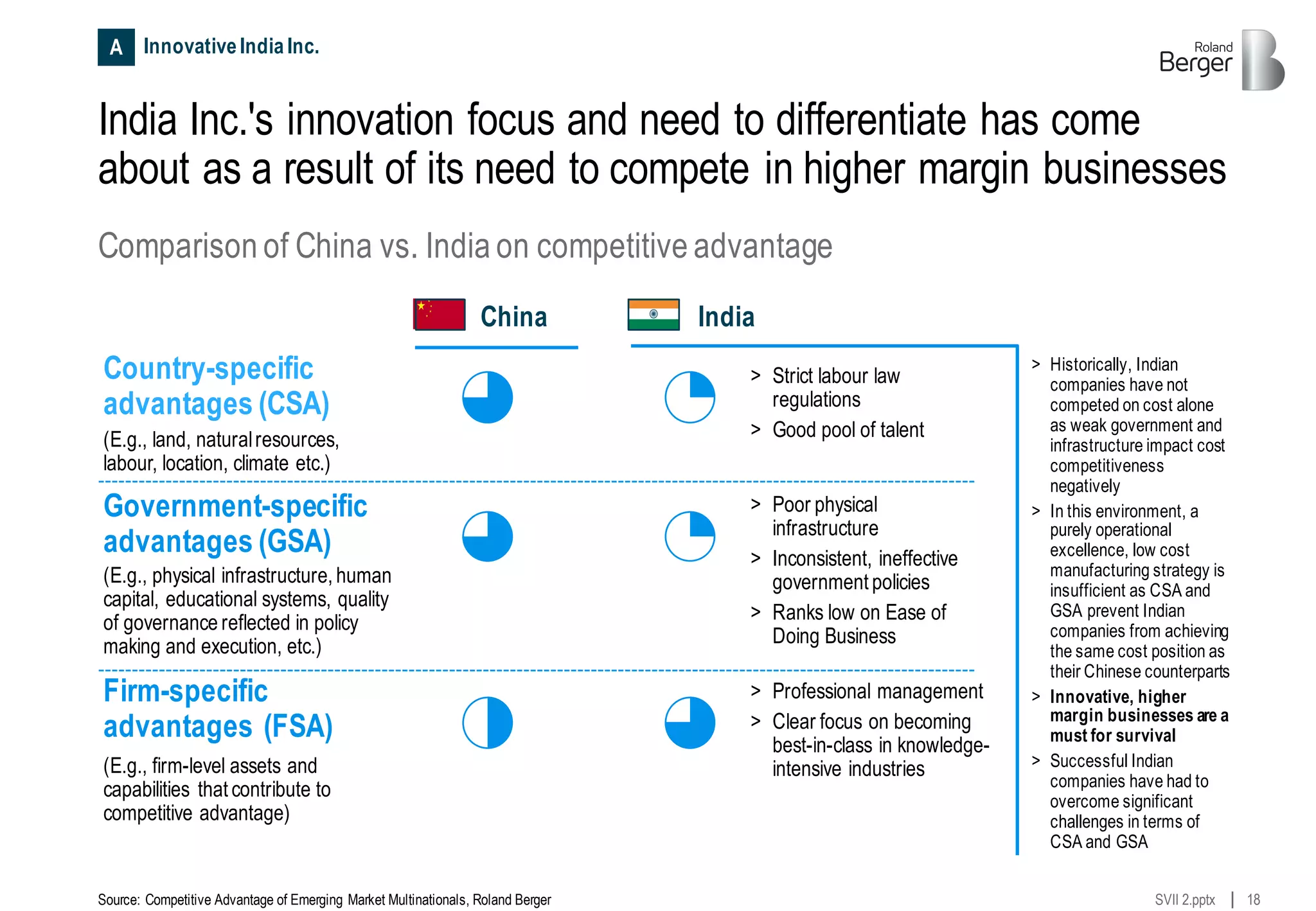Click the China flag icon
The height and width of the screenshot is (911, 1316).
point(440,315)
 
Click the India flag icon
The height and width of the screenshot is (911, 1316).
point(654,315)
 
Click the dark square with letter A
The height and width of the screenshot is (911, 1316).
point(116,47)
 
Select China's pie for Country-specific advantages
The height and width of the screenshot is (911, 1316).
point(488,397)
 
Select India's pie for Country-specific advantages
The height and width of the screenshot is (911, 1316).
point(689,397)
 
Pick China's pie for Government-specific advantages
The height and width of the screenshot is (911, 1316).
point(488,536)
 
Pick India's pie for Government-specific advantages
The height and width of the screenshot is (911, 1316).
point(689,536)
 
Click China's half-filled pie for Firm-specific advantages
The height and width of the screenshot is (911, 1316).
point(488,723)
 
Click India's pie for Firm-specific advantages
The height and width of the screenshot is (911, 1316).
point(689,723)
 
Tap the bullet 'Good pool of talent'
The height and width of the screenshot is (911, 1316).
point(848,430)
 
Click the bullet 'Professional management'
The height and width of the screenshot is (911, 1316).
point(877,691)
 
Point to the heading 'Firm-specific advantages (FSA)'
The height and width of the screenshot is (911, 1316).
point(217,709)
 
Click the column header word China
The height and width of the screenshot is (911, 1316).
point(513,317)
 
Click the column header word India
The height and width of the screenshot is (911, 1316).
point(726,317)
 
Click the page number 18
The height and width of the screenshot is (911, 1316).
point(1253,899)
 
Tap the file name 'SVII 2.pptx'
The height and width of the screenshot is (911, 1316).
point(1184,899)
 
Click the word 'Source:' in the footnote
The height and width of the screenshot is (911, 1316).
point(119,899)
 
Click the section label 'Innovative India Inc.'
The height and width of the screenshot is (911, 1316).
point(231,46)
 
